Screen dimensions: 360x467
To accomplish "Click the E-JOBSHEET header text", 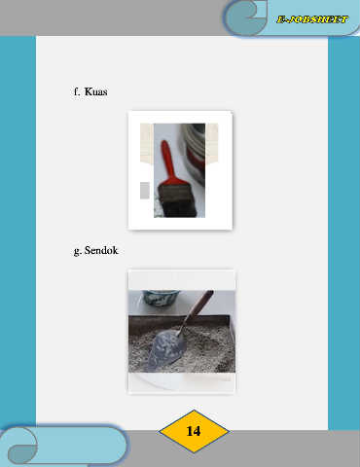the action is pos(312,19).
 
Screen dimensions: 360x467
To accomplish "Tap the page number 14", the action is pos(194,431).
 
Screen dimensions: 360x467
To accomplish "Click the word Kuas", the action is pos(95,91).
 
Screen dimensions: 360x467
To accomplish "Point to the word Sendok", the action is pos(101,250).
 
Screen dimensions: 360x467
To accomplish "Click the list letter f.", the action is pos(77,91).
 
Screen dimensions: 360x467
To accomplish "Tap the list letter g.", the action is pos(77,251).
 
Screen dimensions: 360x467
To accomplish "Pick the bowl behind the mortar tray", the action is pos(162,298).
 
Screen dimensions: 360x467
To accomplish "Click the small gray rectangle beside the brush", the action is pos(145,191).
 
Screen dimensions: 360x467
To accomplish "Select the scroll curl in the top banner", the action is pos(246,17).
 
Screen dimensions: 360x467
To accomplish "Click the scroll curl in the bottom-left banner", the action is pos(19,446).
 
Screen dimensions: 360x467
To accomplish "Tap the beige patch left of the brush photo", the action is pos(147,143).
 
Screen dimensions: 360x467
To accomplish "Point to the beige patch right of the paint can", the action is pos(212,143).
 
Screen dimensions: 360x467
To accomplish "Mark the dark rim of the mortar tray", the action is pos(182,319).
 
